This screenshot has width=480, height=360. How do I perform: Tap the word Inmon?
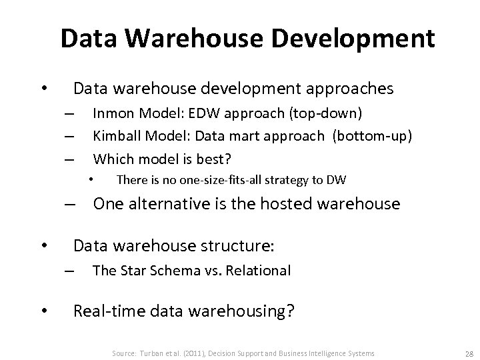(113, 114)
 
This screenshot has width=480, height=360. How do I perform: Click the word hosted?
(265, 204)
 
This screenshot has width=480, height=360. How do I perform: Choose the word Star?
(131, 270)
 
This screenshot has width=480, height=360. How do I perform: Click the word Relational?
(260, 270)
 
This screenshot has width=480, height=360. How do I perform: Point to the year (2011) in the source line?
(189, 353)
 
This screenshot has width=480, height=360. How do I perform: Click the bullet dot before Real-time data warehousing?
(43, 310)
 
